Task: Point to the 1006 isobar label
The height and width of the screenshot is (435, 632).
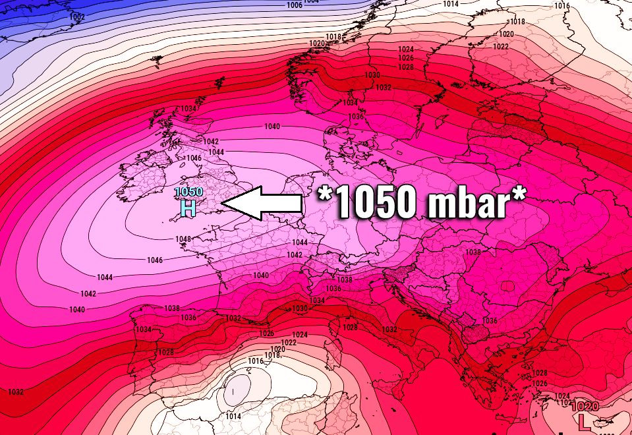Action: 295,5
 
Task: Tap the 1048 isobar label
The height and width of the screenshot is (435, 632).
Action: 184,239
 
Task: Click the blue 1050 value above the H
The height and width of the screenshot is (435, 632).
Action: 188,192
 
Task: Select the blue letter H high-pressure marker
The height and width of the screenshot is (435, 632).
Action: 188,209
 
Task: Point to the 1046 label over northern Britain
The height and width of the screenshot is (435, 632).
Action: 194,158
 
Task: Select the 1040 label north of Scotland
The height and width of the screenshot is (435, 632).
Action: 272,127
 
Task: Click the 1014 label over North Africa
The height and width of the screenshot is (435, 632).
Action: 233,417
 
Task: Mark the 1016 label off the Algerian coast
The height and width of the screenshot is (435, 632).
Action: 256,361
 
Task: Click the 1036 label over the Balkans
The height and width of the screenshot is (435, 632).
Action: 490,321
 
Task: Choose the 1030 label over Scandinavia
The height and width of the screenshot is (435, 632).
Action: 372,76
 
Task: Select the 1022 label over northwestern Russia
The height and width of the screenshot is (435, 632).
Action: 501,47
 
